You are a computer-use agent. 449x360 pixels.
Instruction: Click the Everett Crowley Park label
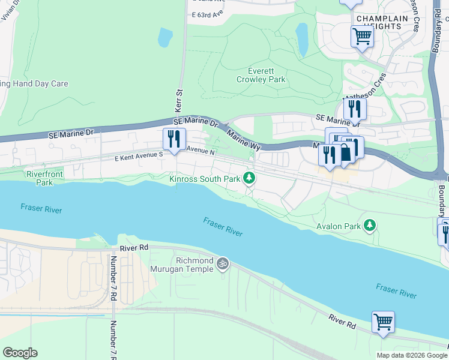tap(261, 75)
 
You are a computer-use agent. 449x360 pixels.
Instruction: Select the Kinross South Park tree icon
tap(249, 178)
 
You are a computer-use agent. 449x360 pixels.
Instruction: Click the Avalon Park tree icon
tap(370, 226)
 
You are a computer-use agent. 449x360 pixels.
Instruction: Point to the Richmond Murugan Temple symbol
tap(223, 263)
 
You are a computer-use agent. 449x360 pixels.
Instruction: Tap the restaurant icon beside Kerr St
tap(174, 139)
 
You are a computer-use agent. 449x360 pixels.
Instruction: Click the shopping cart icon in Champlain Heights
tap(362, 37)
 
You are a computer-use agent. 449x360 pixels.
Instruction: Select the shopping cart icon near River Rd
tap(383, 322)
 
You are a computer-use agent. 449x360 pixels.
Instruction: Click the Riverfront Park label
tap(40, 178)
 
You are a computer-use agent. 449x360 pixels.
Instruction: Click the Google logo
tap(20, 353)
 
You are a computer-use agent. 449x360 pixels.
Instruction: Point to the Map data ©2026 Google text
tap(411, 355)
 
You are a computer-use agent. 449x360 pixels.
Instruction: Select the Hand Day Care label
tap(34, 84)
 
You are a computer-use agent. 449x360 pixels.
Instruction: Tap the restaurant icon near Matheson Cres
tap(355, 109)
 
